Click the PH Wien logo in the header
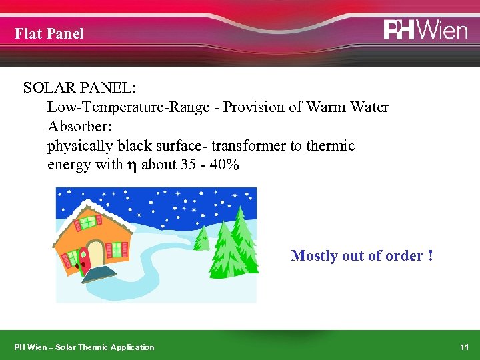(425, 30)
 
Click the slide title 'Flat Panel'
(49, 33)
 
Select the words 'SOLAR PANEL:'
(79, 88)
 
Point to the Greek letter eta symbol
(132, 165)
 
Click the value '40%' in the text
(223, 165)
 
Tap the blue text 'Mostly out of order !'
(362, 256)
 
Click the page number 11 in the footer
(465, 347)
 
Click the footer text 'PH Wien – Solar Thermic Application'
(85, 347)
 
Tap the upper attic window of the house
(88, 221)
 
